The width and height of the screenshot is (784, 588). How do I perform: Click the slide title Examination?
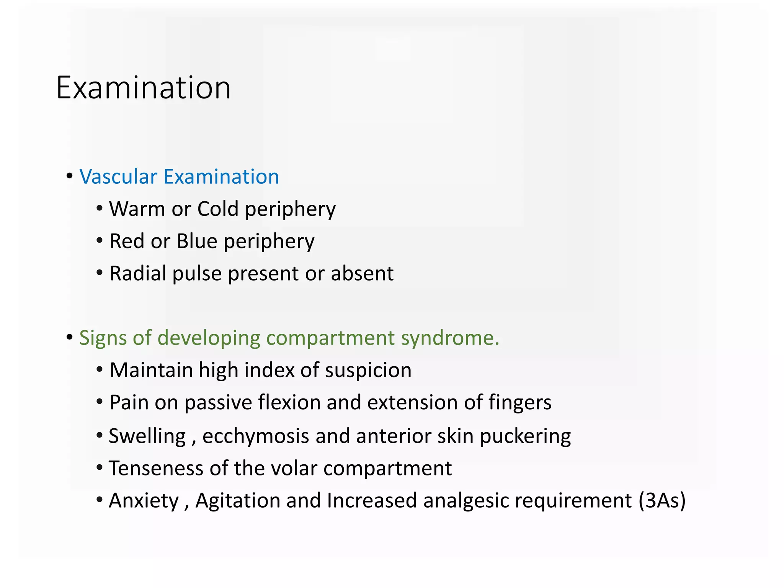click(x=144, y=88)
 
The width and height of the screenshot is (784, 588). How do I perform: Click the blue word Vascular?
click(x=118, y=177)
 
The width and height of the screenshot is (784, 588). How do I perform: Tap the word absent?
click(x=362, y=273)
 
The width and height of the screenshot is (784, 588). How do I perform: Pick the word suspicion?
click(x=368, y=370)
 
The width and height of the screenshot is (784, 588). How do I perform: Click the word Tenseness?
click(x=156, y=468)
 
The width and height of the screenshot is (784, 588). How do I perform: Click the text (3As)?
click(x=662, y=500)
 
